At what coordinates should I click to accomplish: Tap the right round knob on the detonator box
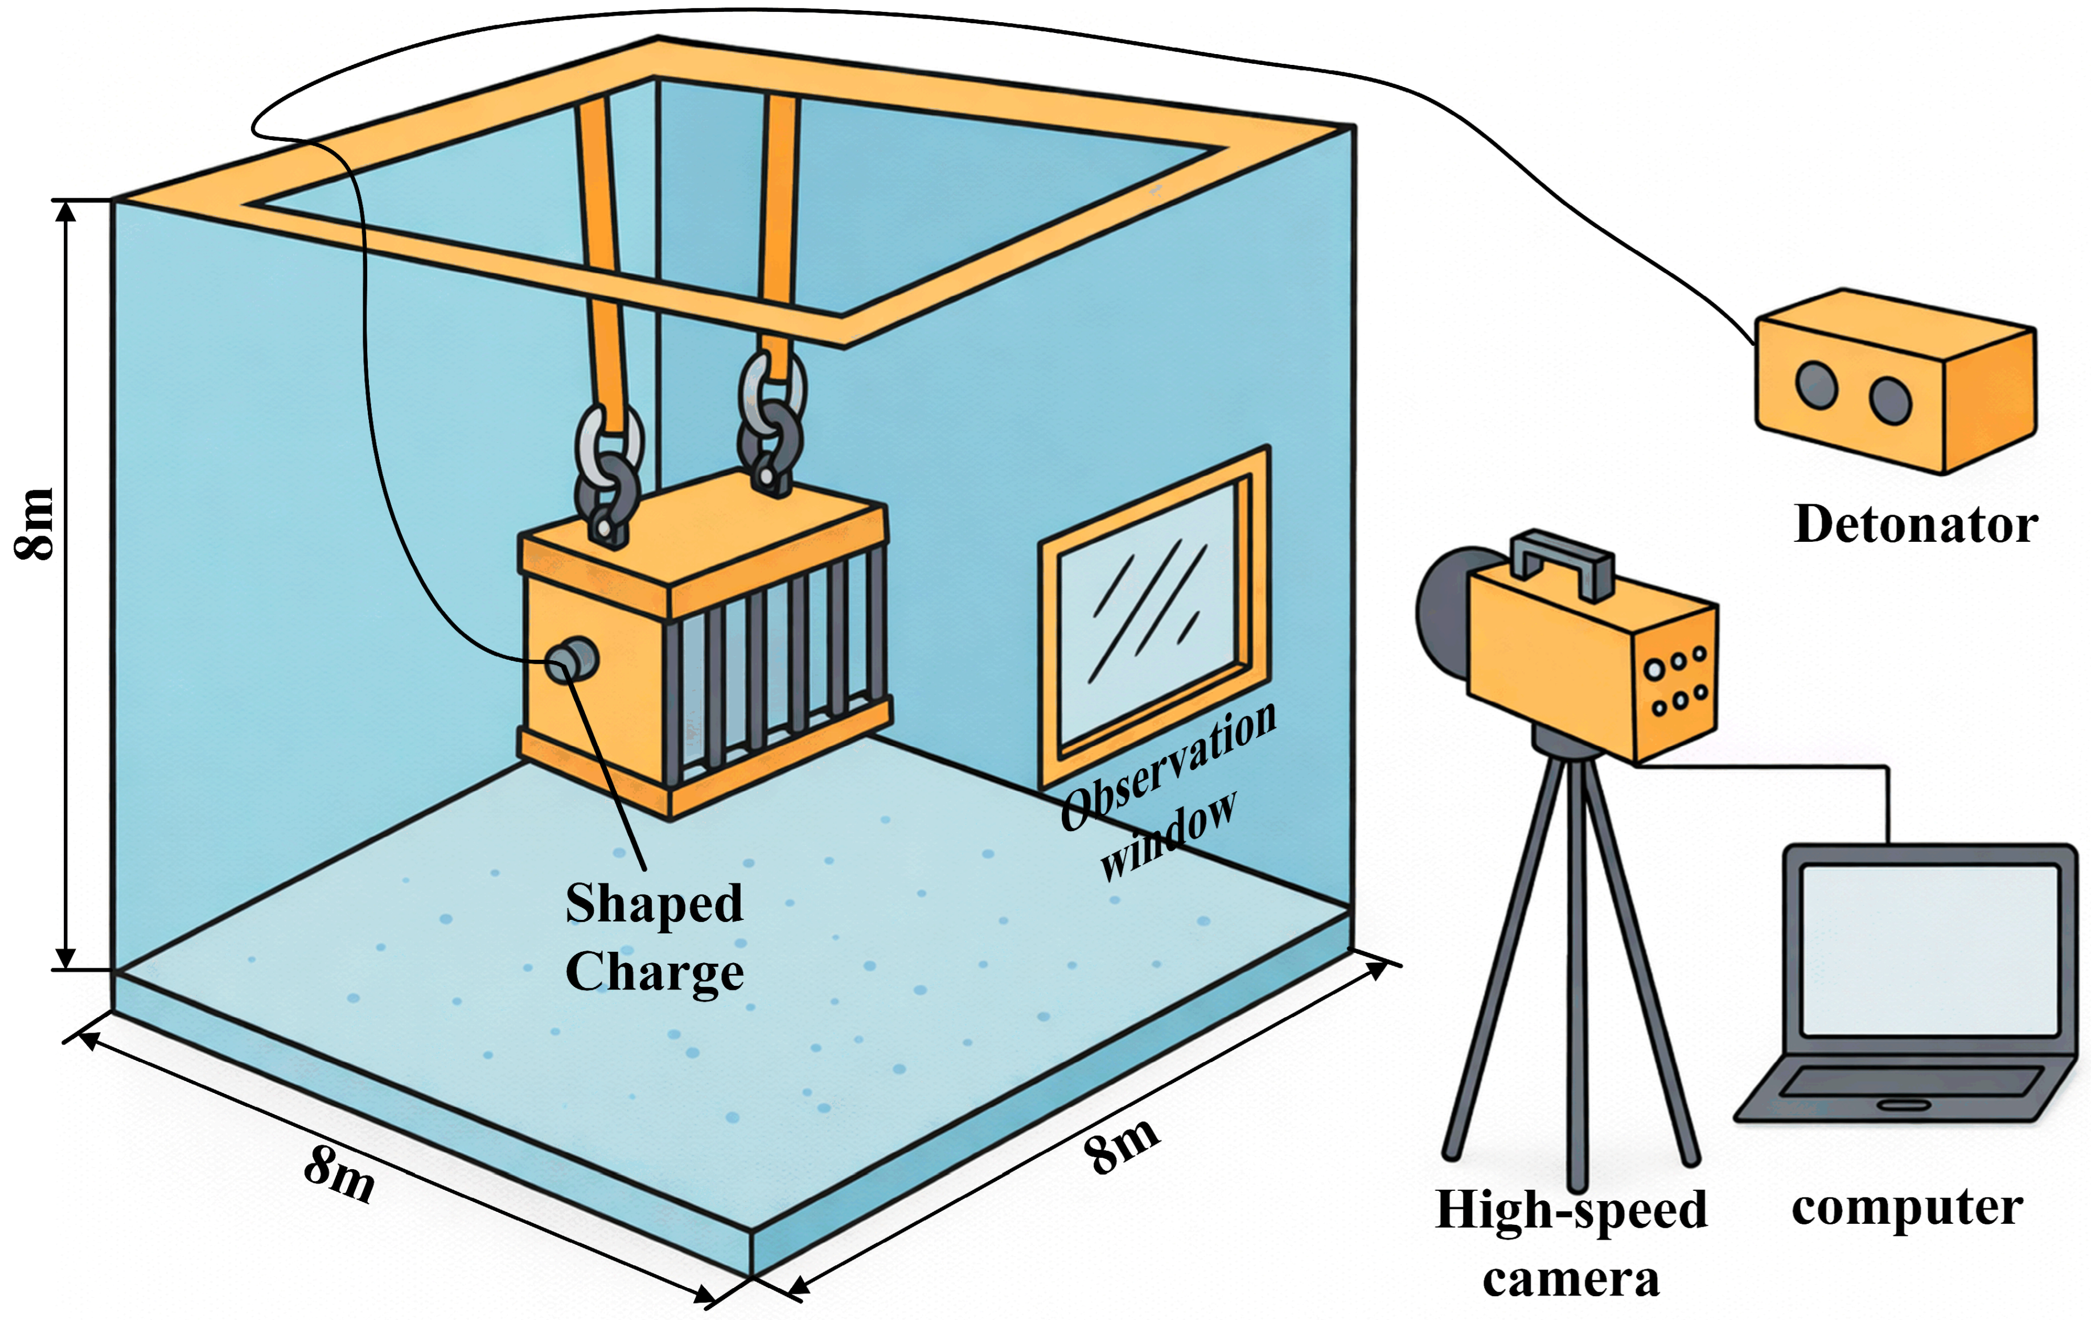1891,400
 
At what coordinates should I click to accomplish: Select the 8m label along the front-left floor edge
339,1173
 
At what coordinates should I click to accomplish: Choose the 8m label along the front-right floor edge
1121,1145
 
